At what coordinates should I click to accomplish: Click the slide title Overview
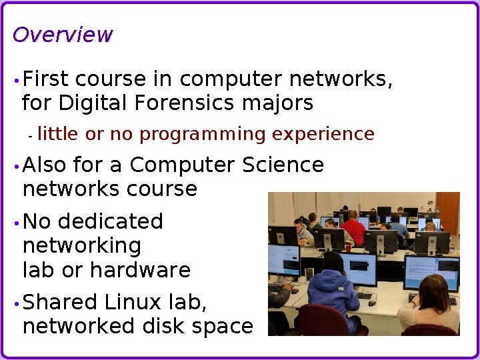coord(63,35)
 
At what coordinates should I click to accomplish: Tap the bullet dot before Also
coord(15,165)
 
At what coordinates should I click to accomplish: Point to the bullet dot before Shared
coord(15,303)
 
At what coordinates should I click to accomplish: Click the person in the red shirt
coord(353,228)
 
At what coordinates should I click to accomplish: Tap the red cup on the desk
coord(347,247)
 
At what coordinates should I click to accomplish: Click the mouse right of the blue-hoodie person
coord(372,303)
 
